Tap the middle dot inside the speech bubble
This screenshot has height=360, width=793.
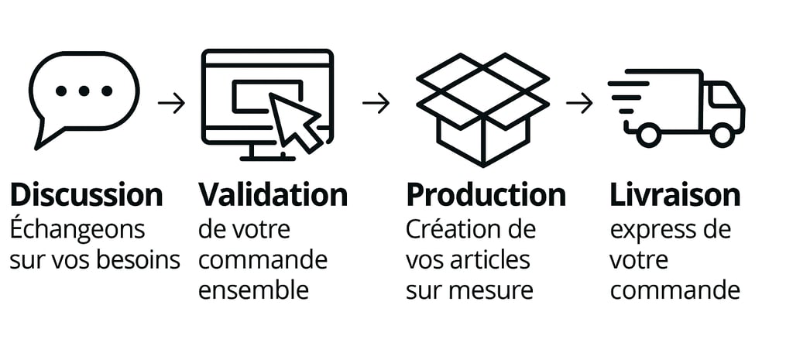[x=84, y=91]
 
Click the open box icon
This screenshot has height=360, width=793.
[x=482, y=108]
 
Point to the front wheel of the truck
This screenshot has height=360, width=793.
[x=722, y=135]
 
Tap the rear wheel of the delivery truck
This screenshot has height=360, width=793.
[x=649, y=135]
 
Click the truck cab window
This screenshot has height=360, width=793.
[x=723, y=95]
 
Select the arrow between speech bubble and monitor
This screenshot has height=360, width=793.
[x=171, y=103]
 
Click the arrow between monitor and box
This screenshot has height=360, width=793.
[x=376, y=103]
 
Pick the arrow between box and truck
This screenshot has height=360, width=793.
[x=578, y=103]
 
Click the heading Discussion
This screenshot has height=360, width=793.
[x=87, y=194]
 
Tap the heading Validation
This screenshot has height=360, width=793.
[x=273, y=194]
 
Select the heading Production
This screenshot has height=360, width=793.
[x=486, y=194]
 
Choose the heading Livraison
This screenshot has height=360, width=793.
[x=675, y=194]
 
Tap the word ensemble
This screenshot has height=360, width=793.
[x=253, y=290]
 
